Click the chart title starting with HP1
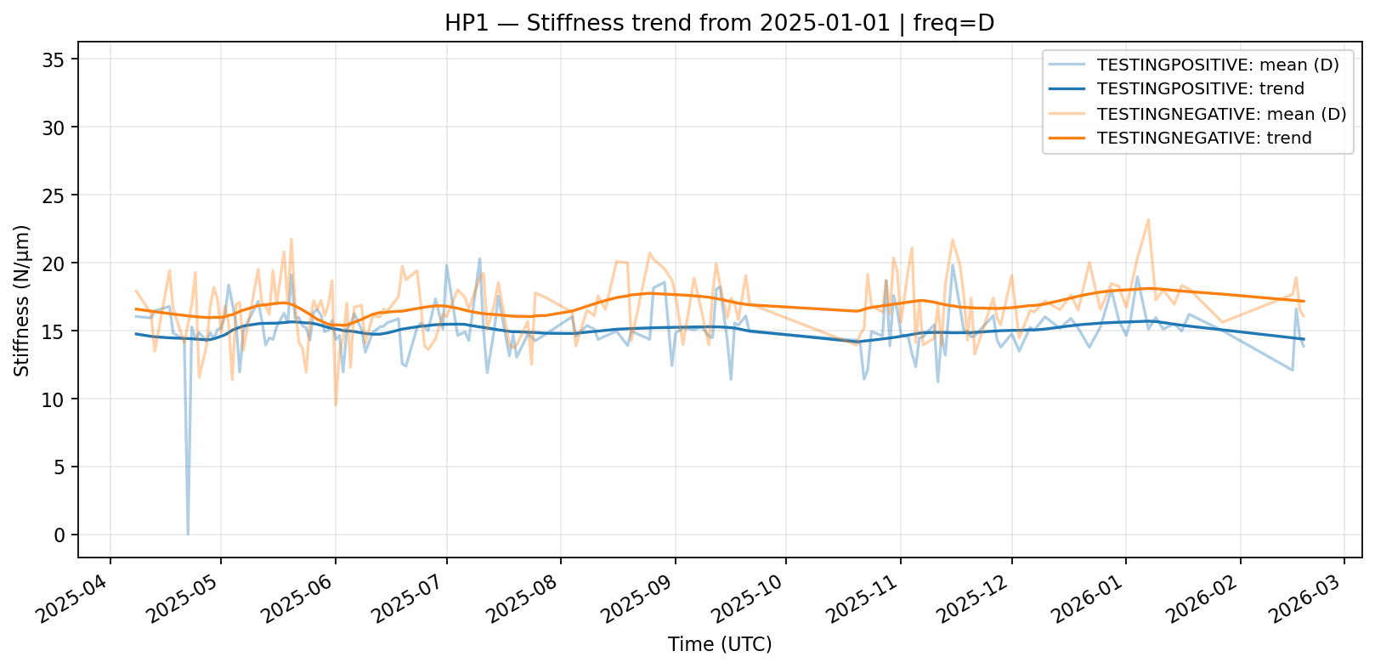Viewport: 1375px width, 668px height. [x=719, y=23]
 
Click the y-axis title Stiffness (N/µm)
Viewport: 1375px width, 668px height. [x=22, y=301]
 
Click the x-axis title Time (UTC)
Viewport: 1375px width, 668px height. [x=720, y=644]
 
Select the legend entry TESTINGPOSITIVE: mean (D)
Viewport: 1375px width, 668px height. [x=1218, y=65]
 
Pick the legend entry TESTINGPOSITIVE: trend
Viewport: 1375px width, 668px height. [x=1200, y=89]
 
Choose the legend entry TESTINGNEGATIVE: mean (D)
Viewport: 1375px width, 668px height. [x=1221, y=114]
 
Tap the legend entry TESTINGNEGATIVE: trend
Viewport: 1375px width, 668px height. [x=1204, y=138]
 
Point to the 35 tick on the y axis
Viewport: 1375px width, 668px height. [x=59, y=59]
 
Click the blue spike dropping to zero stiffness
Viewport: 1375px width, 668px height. [x=188, y=533]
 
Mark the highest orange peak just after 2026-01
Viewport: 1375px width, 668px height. [x=1148, y=220]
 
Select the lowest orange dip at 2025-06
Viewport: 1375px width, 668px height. [x=336, y=405]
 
